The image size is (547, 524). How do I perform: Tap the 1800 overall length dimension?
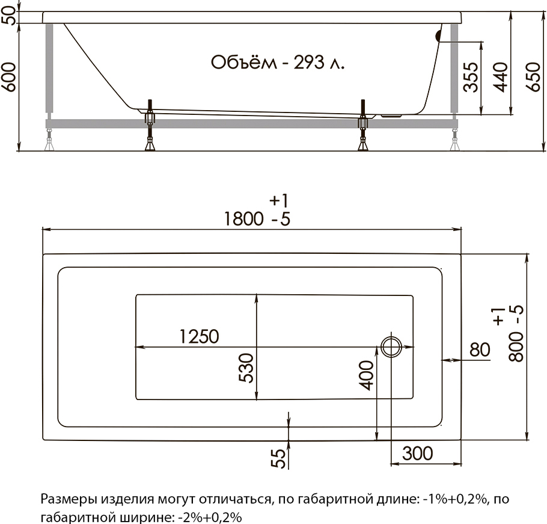click(x=243, y=219)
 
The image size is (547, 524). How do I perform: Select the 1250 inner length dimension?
click(x=198, y=336)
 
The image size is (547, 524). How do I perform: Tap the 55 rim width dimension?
click(x=277, y=459)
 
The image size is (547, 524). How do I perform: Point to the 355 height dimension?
click(x=472, y=77)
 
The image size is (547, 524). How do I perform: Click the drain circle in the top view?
click(x=391, y=347)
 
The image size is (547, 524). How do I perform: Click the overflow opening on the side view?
click(x=438, y=35)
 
